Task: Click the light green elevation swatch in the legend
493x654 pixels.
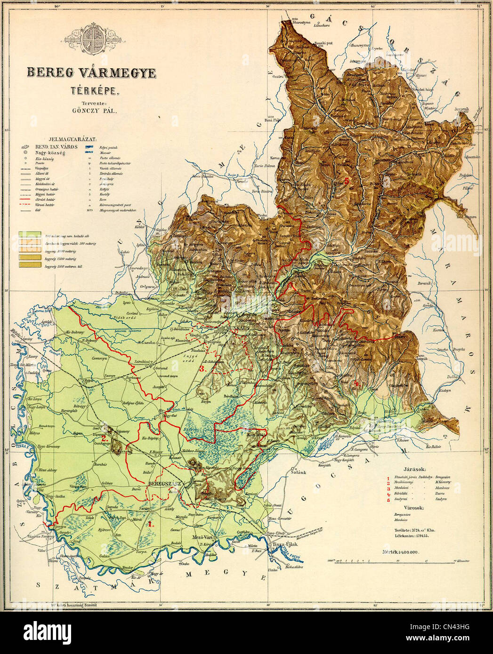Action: click(x=29, y=234)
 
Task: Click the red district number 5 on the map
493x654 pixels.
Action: click(x=347, y=181)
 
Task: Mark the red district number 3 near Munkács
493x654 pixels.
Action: click(x=202, y=368)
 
